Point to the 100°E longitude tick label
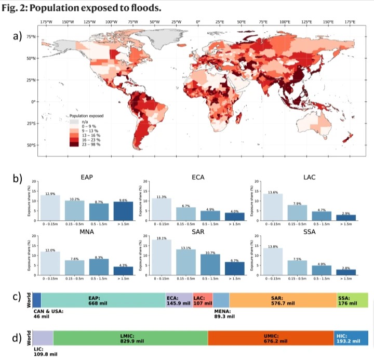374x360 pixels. click(x=285, y=22)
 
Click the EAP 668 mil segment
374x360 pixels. click(x=103, y=301)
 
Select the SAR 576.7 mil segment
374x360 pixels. click(x=283, y=301)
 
